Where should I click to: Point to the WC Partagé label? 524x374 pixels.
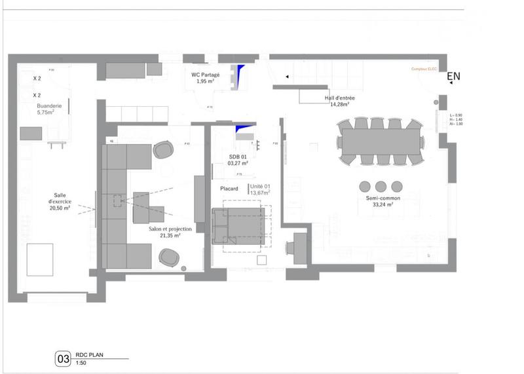[x=205, y=75]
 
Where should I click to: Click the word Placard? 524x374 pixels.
[x=229, y=189]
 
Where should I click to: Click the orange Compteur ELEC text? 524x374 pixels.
[x=423, y=69]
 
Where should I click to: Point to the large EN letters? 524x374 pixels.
[x=453, y=76]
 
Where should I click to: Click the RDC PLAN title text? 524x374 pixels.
[x=90, y=357]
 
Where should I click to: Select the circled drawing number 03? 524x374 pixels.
[x=64, y=359]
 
